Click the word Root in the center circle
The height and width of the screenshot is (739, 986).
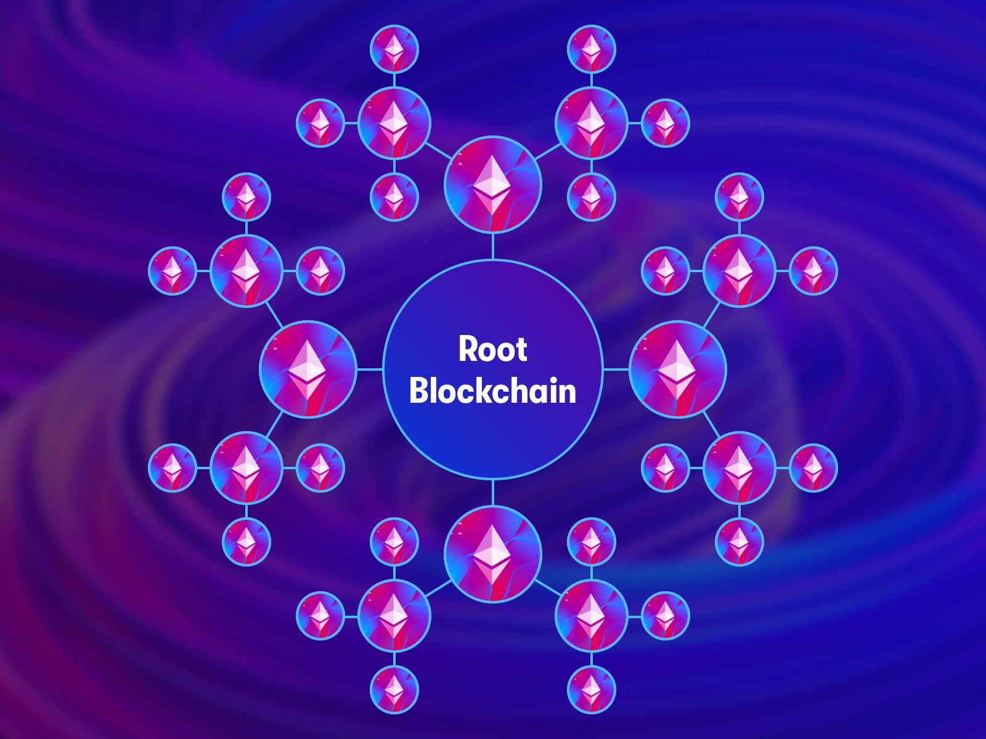[493, 349]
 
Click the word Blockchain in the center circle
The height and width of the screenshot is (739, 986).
[493, 390]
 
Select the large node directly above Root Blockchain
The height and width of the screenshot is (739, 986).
[493, 185]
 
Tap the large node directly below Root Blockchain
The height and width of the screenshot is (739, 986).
[493, 554]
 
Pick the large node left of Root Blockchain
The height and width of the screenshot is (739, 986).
[308, 369]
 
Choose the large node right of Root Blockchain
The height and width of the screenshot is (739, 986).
[677, 369]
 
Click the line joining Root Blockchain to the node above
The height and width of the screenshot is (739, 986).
[493, 247]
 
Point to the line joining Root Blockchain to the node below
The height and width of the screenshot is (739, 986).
[493, 492]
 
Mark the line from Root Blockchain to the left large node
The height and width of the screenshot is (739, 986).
[370, 369]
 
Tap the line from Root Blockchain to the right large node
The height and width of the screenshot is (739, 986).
[616, 369]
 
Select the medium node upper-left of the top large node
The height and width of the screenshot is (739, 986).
[394, 123]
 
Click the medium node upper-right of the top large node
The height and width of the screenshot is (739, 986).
[591, 123]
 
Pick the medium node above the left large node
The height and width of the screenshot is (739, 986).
[246, 271]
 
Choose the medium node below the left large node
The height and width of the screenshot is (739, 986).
[246, 468]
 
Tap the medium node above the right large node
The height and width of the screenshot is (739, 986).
[739, 271]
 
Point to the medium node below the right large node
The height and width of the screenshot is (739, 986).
[739, 468]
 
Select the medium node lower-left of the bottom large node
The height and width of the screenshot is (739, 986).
[394, 616]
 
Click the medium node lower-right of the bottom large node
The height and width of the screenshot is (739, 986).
[591, 616]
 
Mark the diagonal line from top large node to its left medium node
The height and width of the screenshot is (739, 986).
[438, 151]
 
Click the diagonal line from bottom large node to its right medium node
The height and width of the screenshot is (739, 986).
[548, 588]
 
